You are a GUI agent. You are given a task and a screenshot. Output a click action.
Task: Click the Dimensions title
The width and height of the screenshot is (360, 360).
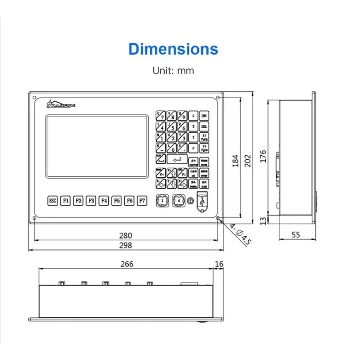[x=173, y=49]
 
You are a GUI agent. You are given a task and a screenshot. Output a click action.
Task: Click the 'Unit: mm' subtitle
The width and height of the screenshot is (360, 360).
[x=173, y=71]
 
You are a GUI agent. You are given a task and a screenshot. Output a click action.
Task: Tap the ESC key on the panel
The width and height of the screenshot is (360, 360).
[x=53, y=200]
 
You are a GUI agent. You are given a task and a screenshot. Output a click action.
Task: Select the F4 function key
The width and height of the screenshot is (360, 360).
[x=104, y=200]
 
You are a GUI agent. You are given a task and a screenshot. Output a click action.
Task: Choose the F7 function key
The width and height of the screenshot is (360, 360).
[x=143, y=200]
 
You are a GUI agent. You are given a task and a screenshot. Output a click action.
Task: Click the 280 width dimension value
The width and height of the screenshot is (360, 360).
[x=126, y=235]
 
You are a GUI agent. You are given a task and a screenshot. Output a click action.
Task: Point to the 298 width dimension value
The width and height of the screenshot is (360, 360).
[x=126, y=245]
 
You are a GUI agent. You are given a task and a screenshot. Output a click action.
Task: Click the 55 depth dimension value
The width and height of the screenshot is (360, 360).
[x=296, y=234]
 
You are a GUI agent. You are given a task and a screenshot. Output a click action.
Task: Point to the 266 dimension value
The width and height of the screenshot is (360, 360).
[x=126, y=264]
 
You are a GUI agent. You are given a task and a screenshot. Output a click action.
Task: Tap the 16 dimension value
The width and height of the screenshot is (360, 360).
[x=219, y=264]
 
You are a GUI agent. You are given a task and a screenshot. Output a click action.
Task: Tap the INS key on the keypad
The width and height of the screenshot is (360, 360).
[x=204, y=116]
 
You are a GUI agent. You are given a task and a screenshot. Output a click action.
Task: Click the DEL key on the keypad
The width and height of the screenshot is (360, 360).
[x=204, y=126]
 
